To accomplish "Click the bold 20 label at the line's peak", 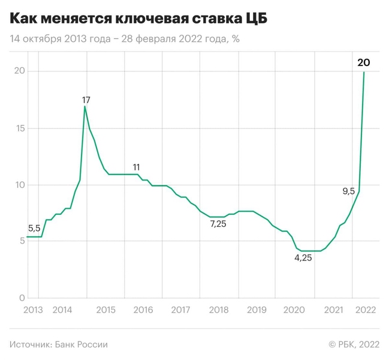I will pyautogui.click(x=363, y=62).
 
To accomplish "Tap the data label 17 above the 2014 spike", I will pyautogui.click(x=86, y=100).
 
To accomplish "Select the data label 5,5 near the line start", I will pyautogui.click(x=34, y=228).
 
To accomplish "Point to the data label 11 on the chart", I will pyautogui.click(x=137, y=167).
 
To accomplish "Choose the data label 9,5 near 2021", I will pyautogui.click(x=348, y=191).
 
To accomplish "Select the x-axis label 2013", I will pyautogui.click(x=33, y=310).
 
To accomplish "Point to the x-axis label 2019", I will pyautogui.click(x=256, y=310).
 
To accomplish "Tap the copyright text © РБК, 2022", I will pyautogui.click(x=354, y=344).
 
